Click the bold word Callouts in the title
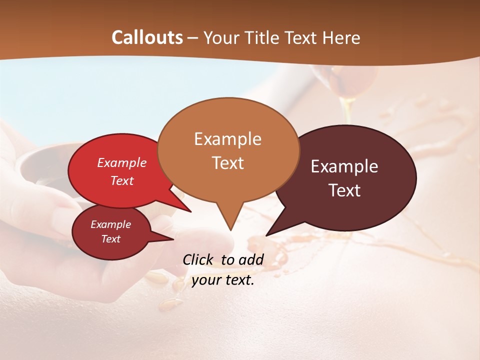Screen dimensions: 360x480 (x=147, y=37)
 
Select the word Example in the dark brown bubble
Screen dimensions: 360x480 (x=344, y=166)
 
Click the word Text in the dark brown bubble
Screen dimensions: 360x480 (x=344, y=190)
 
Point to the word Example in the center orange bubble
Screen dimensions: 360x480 (x=227, y=139)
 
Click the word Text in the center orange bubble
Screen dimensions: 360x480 (x=227, y=163)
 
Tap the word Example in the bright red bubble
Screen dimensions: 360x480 (x=121, y=162)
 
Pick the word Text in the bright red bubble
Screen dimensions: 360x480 (x=121, y=180)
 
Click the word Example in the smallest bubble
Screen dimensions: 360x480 (x=110, y=224)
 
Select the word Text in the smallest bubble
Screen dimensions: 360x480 (x=110, y=239)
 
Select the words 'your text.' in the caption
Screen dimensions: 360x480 (x=223, y=280)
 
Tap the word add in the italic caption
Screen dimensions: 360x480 (x=251, y=259)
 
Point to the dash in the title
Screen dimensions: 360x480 (x=193, y=38)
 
